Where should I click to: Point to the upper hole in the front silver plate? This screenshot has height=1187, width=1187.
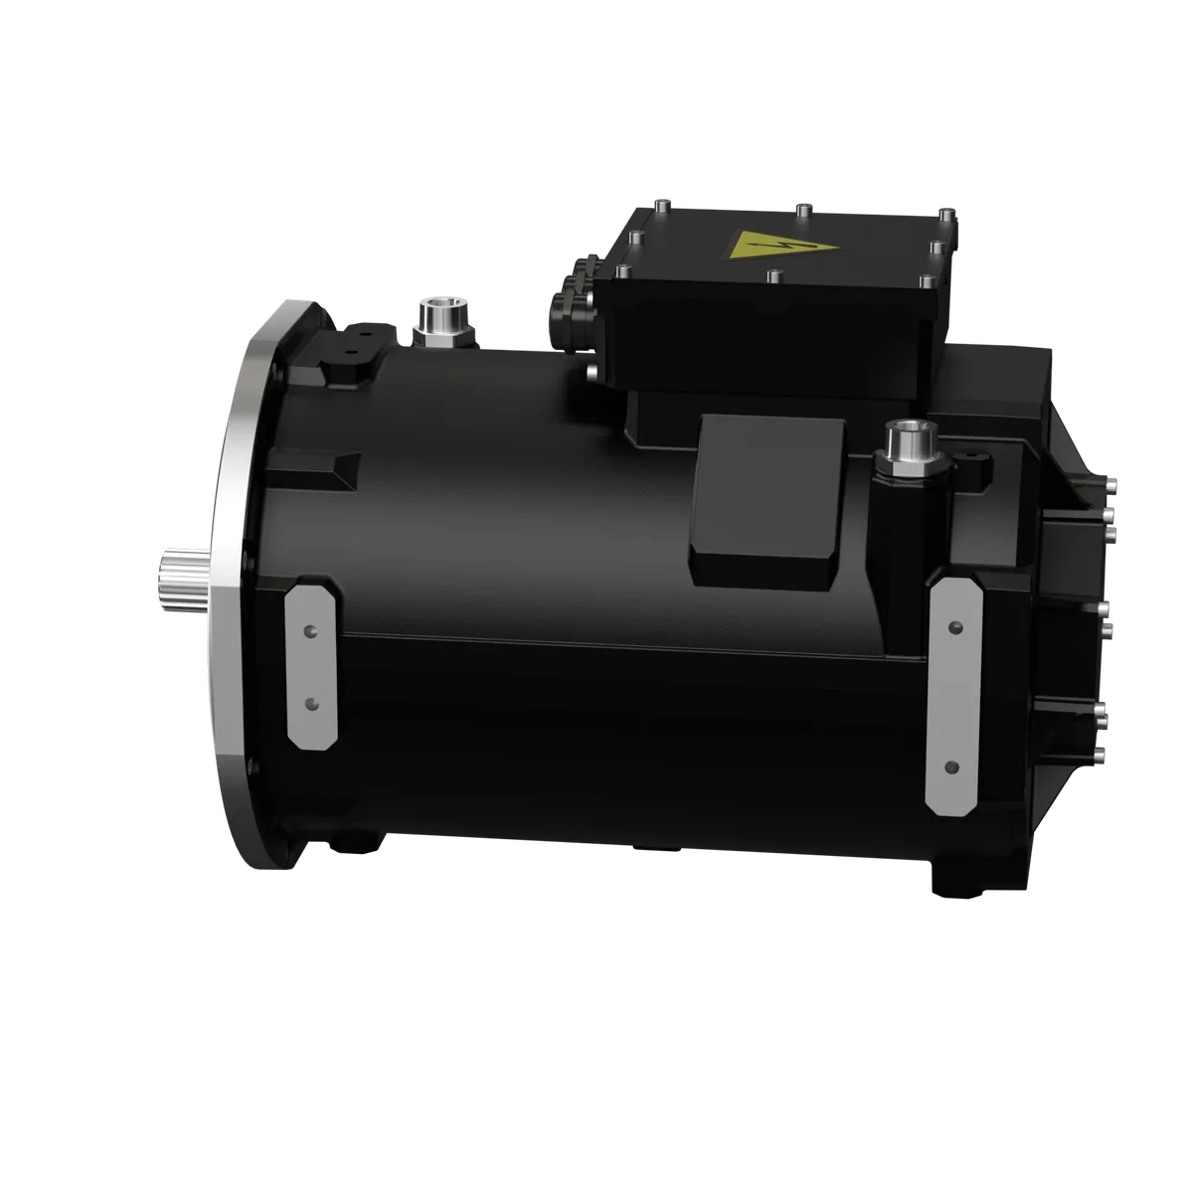point(311,630)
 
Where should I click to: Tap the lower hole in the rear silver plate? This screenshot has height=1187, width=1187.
point(954,766)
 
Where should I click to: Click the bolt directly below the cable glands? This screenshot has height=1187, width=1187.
point(593,373)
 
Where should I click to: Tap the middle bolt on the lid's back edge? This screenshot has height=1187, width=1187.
point(800,209)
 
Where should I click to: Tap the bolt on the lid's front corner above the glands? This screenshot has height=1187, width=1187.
point(624,270)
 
